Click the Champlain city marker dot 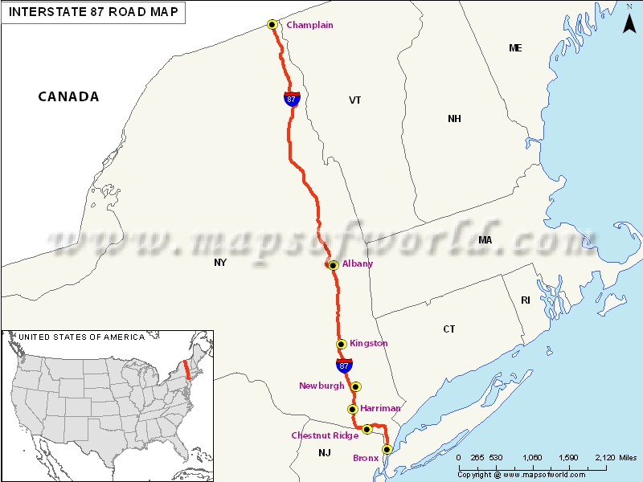pos(272,25)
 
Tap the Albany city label pos(358,263)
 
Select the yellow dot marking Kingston pos(342,344)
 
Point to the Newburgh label pos(321,386)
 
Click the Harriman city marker pos(352,409)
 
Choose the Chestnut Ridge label pos(325,435)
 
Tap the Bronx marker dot pos(387,449)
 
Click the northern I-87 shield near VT pos(291,99)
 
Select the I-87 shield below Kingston pos(344,366)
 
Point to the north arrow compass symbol pos(629,22)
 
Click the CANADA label pos(68,96)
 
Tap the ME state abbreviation pos(515,48)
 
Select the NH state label pos(454,119)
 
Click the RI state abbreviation pos(526,300)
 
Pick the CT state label pos(448,329)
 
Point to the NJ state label pos(324,453)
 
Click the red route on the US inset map pos(186,370)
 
